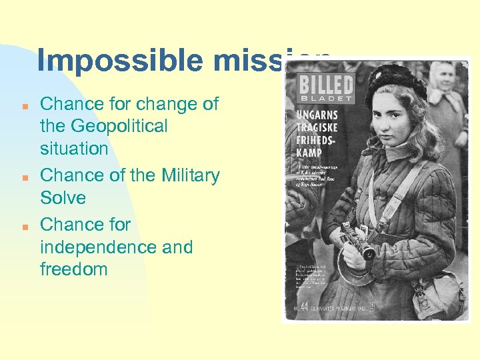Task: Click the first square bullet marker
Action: (x=24, y=106)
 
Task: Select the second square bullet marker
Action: (x=24, y=177)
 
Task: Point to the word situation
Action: (x=74, y=149)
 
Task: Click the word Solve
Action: (x=63, y=198)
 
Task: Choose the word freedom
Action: (x=73, y=270)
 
